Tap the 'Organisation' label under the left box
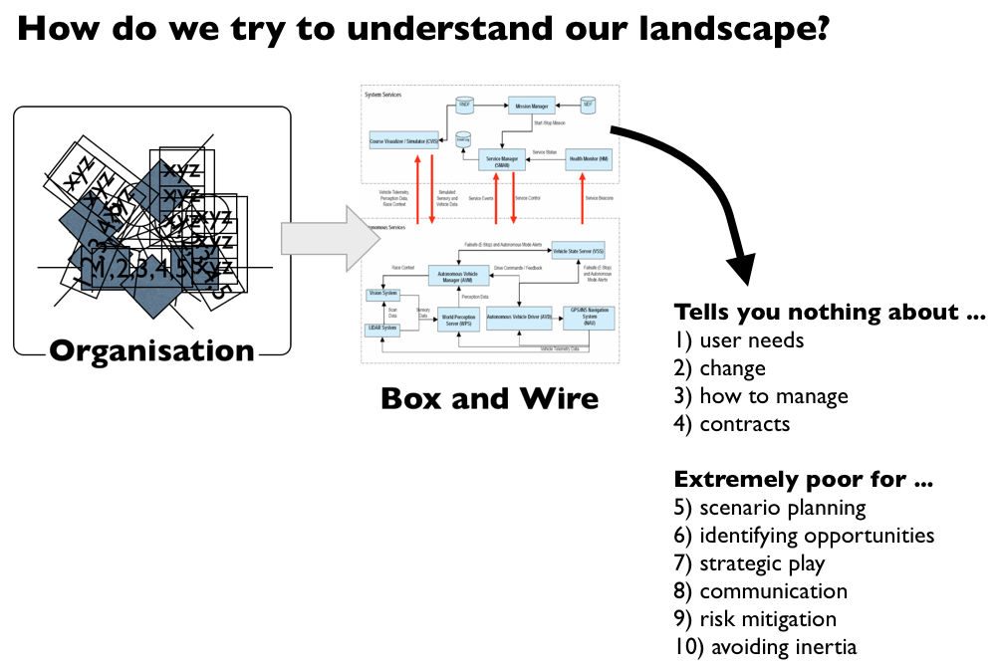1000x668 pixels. click(x=151, y=351)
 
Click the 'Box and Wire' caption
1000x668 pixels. click(x=489, y=399)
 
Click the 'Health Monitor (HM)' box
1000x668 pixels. click(x=588, y=158)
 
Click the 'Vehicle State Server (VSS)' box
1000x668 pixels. click(x=580, y=253)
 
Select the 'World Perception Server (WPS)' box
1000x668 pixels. click(x=458, y=320)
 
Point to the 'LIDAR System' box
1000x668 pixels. click(x=382, y=328)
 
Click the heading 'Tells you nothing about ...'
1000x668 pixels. click(x=830, y=313)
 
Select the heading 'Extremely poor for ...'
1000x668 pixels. click(x=803, y=480)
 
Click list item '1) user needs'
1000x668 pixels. click(x=738, y=340)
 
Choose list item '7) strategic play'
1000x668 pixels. click(x=749, y=563)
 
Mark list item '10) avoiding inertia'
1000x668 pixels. click(x=765, y=647)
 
